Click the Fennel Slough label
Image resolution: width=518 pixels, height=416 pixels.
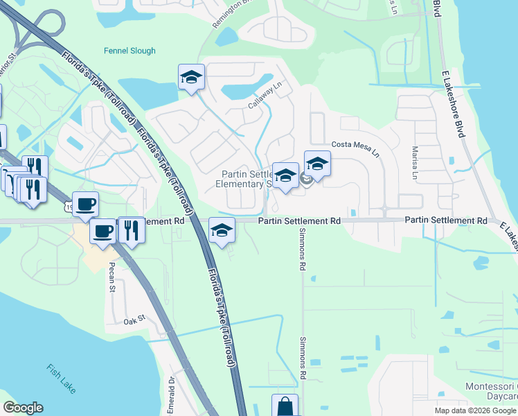[x=129, y=51]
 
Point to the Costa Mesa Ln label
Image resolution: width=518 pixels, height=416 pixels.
[x=356, y=148]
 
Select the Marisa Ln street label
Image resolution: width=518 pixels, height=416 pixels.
[x=415, y=164]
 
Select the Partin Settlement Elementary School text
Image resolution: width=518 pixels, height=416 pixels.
[x=246, y=179]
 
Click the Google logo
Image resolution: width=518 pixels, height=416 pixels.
[x=23, y=407]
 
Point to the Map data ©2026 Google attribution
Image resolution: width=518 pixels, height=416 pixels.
[x=475, y=410]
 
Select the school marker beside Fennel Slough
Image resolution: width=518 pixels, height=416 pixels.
[x=191, y=78]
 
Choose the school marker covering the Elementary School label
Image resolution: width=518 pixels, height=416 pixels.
[x=285, y=175]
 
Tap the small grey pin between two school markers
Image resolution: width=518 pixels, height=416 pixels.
[x=305, y=180]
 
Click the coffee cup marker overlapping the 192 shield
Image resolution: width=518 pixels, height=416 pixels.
[x=85, y=205]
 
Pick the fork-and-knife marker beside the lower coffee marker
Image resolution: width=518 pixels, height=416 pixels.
[x=131, y=230]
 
